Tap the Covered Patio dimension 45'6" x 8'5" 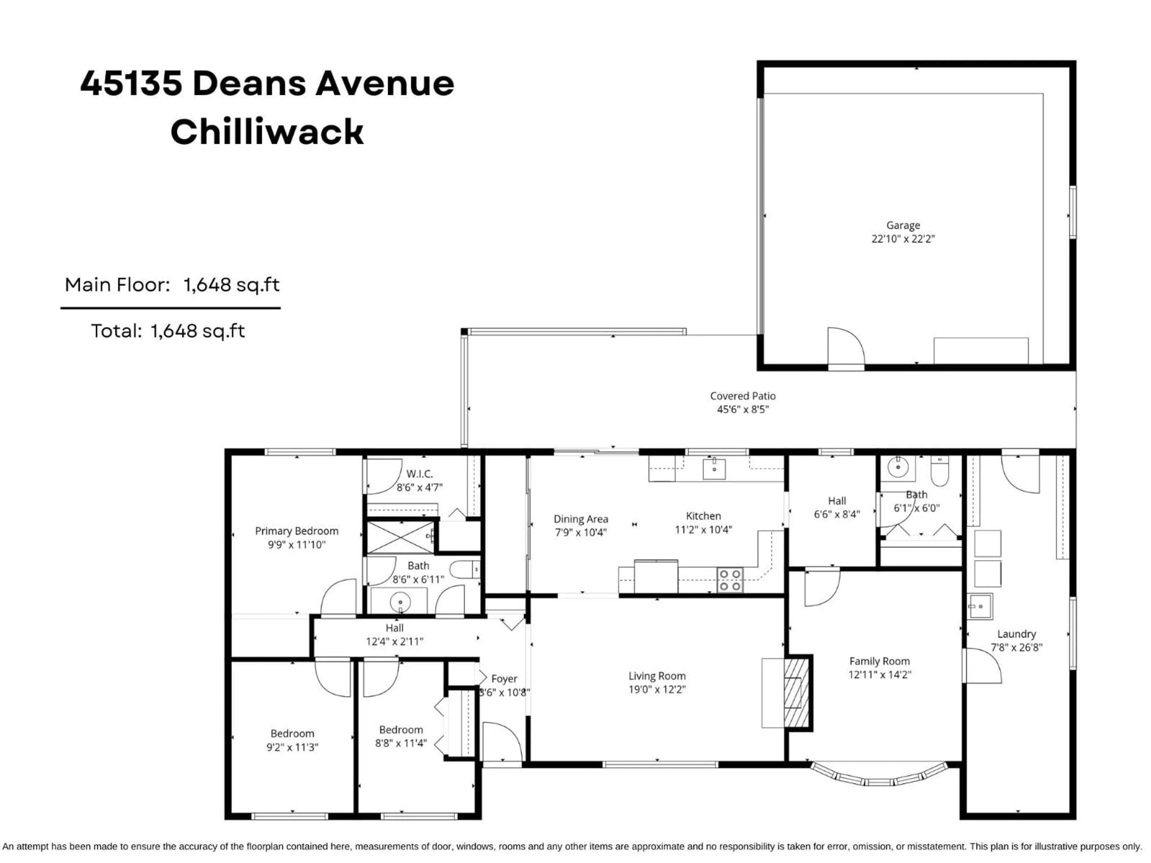(x=742, y=409)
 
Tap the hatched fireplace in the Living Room (x=796, y=692)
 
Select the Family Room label (x=879, y=661)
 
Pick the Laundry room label (x=1016, y=634)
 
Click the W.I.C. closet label (x=419, y=474)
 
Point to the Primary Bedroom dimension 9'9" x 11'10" (x=297, y=545)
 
